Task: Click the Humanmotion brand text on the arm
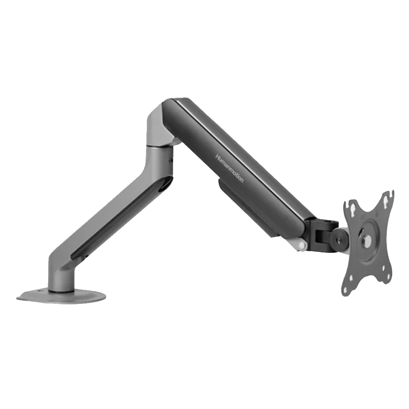coord(229,168)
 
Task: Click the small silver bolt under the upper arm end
coord(302,245)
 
